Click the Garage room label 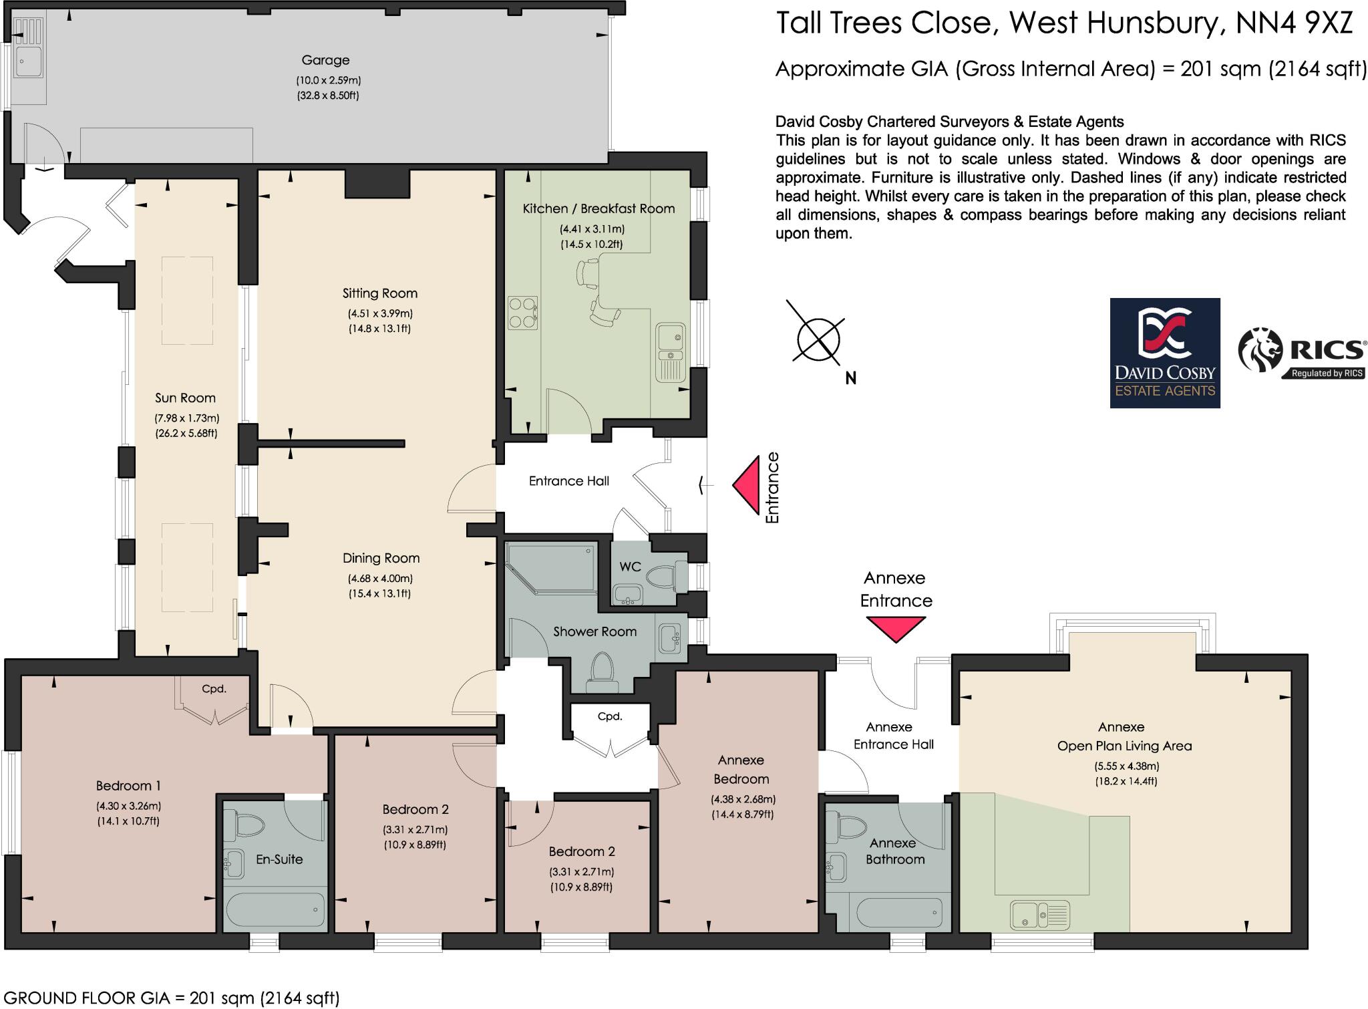tap(325, 60)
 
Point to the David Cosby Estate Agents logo tap(1165, 353)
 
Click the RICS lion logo tap(1260, 349)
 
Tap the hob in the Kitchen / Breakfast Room tap(523, 313)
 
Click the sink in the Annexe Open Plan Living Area tap(1039, 915)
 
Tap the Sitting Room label tap(379, 293)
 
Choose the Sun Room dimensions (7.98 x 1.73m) tap(187, 419)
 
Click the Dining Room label tap(381, 559)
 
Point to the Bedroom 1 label tap(128, 786)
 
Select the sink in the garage tap(29, 61)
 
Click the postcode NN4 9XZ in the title tap(1295, 23)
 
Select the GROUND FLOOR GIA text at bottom tap(170, 998)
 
